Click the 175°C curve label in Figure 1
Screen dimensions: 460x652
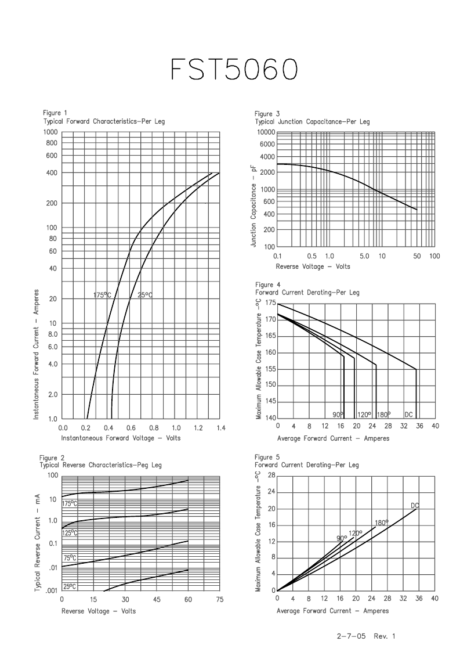[x=102, y=296]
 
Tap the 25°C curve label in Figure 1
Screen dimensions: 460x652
[x=145, y=296]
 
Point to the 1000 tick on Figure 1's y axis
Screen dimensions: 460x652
[x=50, y=132]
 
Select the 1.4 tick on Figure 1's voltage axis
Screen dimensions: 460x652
[x=221, y=428]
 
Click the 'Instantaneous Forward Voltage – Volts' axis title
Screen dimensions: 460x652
[x=121, y=438]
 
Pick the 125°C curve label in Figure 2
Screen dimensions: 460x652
[x=70, y=533]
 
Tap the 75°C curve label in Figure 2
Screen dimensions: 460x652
[x=70, y=558]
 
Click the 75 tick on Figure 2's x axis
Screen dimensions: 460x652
[x=219, y=599]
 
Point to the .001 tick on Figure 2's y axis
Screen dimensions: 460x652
[x=52, y=590]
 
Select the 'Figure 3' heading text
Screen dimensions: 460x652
[x=267, y=114]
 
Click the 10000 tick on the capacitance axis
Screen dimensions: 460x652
[x=266, y=132]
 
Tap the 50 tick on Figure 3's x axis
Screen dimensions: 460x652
[x=416, y=256]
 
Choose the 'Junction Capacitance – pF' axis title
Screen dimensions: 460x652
[x=254, y=207]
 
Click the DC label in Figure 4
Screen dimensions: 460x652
[x=408, y=415]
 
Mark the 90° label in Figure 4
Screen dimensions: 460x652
[x=338, y=415]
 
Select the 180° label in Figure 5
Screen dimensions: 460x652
[x=382, y=523]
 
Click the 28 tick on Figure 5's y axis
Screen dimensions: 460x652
[x=271, y=476]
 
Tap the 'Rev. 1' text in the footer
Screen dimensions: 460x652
[x=385, y=636]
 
